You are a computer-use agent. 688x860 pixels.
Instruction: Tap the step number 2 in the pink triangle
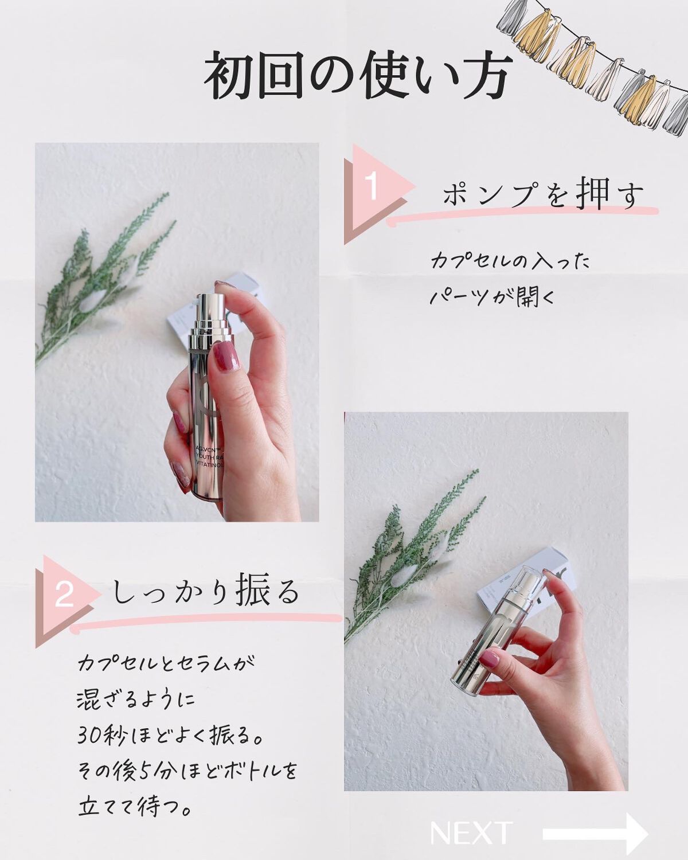(64, 594)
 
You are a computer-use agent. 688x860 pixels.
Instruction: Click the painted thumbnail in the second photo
(491, 658)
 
